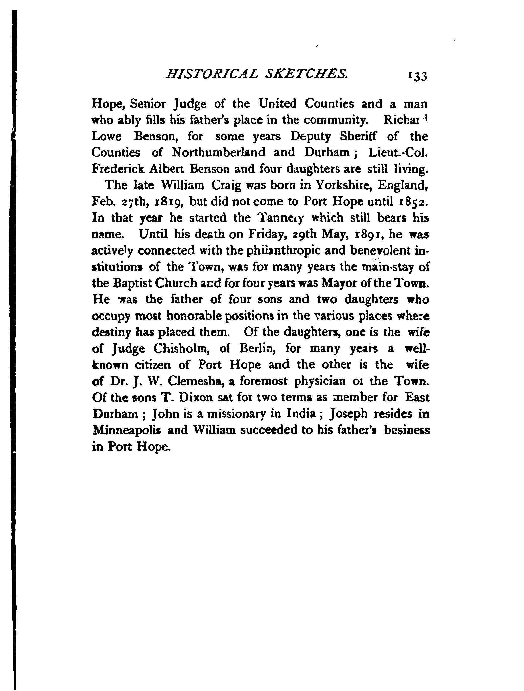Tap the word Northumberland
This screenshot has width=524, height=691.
coord(218,152)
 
